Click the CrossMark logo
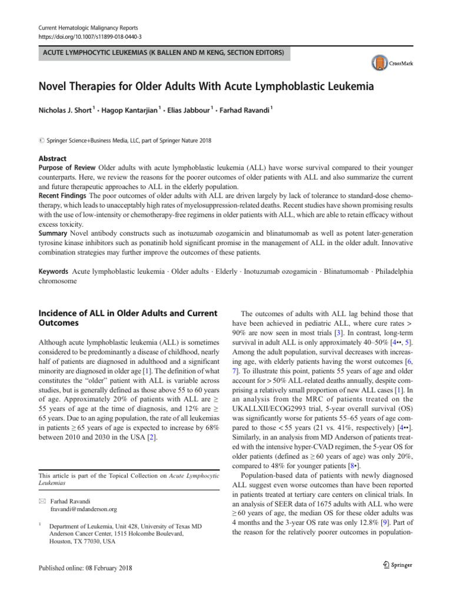tap(391, 62)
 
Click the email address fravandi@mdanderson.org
tap(84, 509)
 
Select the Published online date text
tap(85, 568)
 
